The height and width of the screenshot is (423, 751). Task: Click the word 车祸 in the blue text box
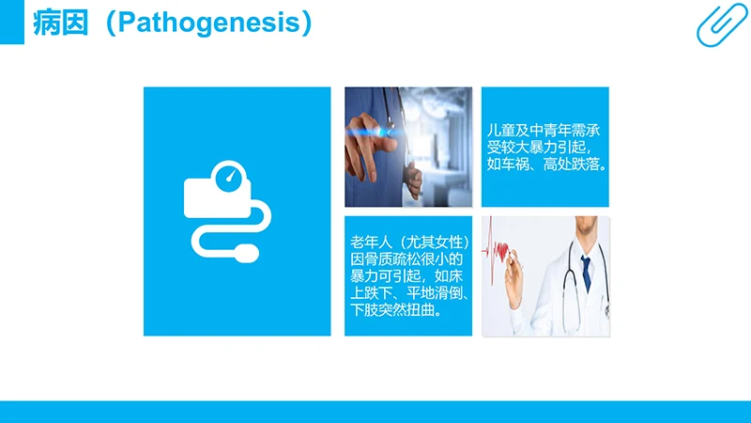(x=521, y=166)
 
